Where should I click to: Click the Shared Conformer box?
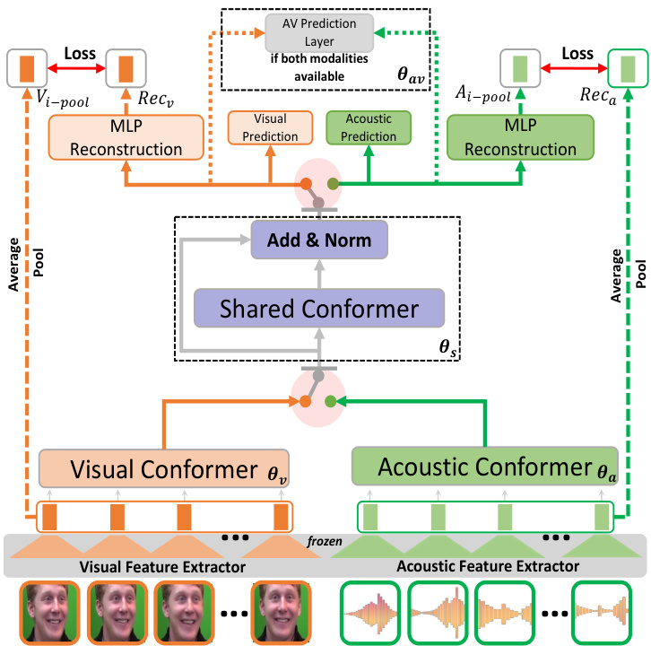[x=319, y=310]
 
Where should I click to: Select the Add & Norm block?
[x=319, y=240]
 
